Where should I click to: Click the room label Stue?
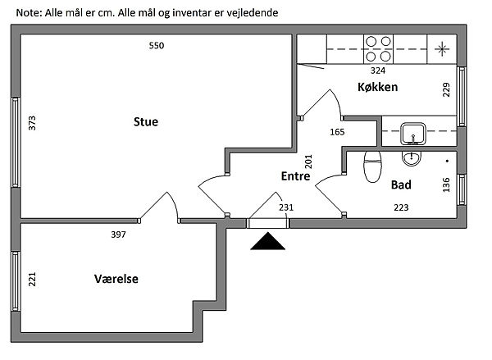tap(146, 122)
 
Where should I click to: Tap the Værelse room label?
tap(116, 279)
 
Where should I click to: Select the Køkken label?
tap(377, 87)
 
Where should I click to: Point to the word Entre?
tap(294, 176)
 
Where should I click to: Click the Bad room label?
tap(401, 185)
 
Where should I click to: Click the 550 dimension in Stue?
tap(157, 46)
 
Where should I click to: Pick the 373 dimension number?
tap(32, 123)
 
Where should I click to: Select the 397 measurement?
tap(119, 235)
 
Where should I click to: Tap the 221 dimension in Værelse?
tap(32, 280)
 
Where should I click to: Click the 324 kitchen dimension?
tap(379, 71)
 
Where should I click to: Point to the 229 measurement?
tap(447, 89)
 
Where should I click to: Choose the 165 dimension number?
tap(336, 132)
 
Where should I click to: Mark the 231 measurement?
tap(287, 207)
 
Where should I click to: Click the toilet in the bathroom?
tap(373, 167)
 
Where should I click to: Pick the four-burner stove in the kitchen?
tap(379, 48)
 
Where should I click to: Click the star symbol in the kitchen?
tap(443, 48)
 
